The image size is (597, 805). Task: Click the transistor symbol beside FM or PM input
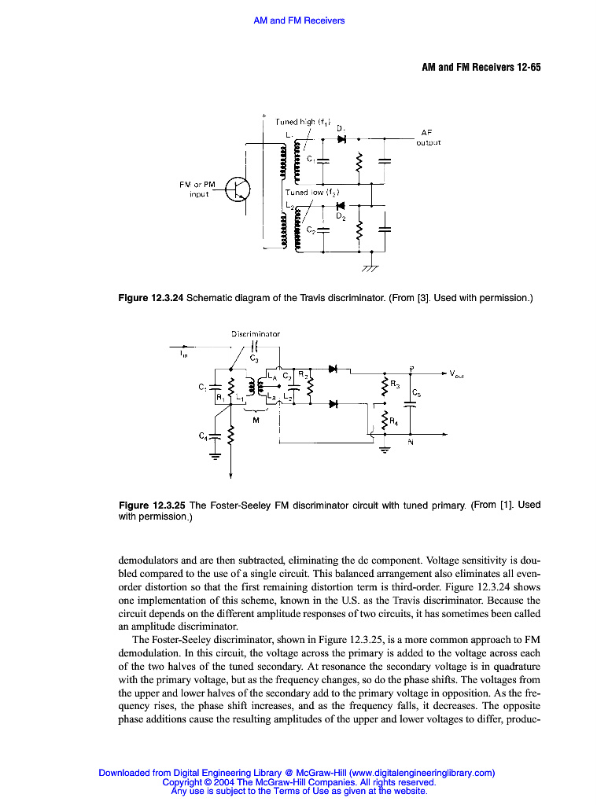[237, 190]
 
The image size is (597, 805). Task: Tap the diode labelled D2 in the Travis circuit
[340, 207]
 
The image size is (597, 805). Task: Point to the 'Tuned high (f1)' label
[301, 122]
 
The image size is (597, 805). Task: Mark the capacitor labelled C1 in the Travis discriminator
[322, 160]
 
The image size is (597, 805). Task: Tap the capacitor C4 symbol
[213, 435]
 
